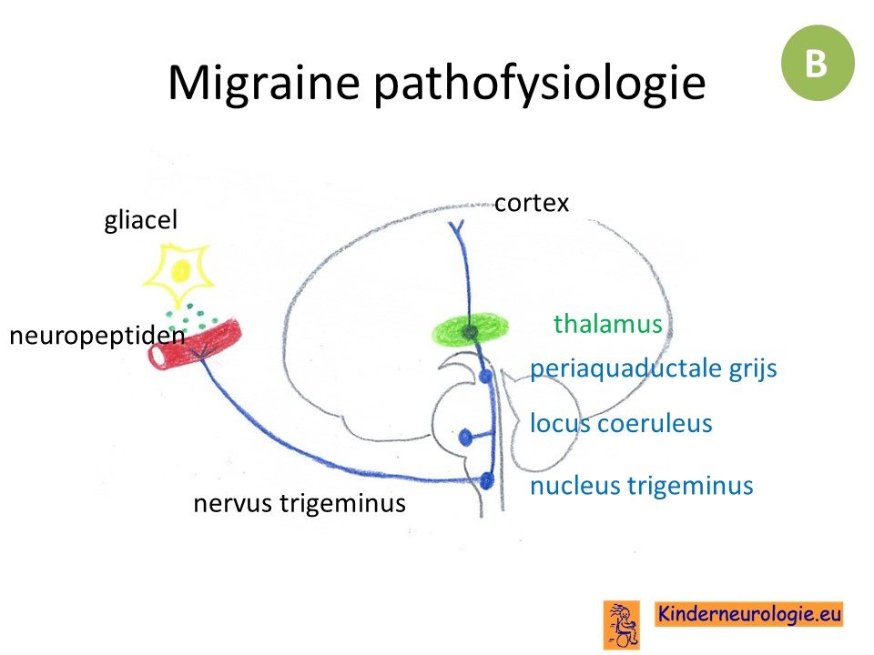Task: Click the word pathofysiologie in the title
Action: [x=540, y=84]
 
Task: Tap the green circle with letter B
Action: [x=818, y=63]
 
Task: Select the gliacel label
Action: [x=140, y=219]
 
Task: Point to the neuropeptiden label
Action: [x=97, y=336]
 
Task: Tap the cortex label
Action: [x=531, y=203]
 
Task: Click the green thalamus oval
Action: [x=471, y=331]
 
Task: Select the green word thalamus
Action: [x=607, y=324]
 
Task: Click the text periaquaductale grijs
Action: [x=654, y=368]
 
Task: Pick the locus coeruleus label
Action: [x=621, y=423]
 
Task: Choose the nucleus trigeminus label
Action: [x=642, y=485]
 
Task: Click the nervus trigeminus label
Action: [x=300, y=503]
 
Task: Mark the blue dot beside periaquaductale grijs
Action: [x=486, y=377]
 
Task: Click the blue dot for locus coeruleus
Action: [x=465, y=438]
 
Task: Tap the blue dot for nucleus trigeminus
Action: [x=486, y=480]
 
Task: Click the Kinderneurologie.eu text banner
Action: [x=748, y=614]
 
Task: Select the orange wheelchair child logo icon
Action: [x=622, y=624]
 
